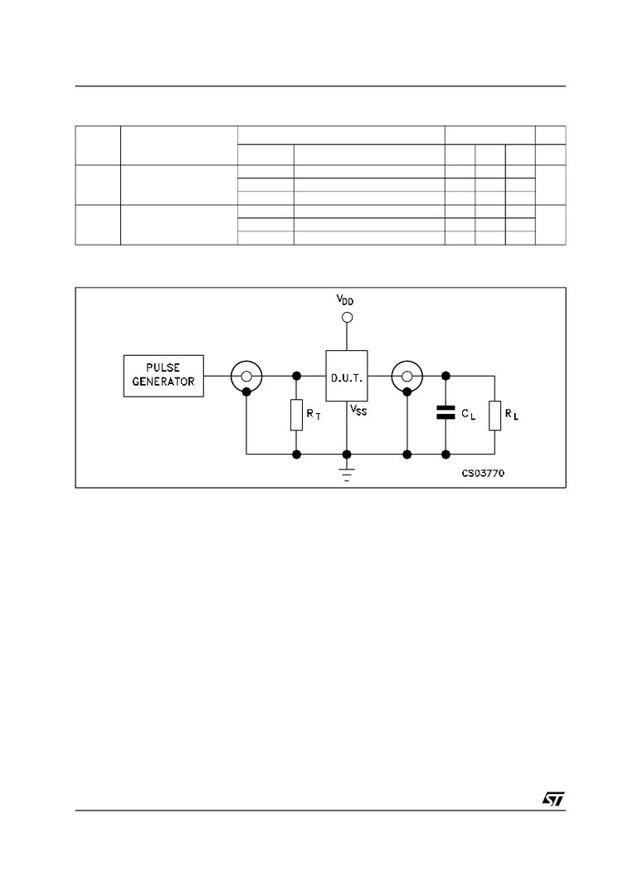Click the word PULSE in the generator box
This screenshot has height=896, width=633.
(163, 368)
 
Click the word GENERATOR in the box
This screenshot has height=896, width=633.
(163, 382)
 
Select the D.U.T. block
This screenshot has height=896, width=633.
(346, 377)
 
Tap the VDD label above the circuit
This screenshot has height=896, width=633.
(344, 300)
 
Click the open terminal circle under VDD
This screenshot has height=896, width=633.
(347, 317)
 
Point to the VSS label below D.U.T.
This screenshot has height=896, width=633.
(358, 410)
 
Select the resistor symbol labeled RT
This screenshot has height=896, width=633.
(296, 415)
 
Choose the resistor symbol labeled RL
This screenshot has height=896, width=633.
(494, 415)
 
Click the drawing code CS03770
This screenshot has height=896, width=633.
(483, 474)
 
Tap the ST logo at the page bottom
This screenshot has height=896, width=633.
(553, 798)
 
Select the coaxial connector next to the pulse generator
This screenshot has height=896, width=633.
(246, 376)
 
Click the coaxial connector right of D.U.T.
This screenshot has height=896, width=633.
(407, 376)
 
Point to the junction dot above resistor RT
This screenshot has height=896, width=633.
(296, 376)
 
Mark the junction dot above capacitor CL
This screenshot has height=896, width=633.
(446, 376)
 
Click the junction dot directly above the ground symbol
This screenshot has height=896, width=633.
(347, 454)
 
